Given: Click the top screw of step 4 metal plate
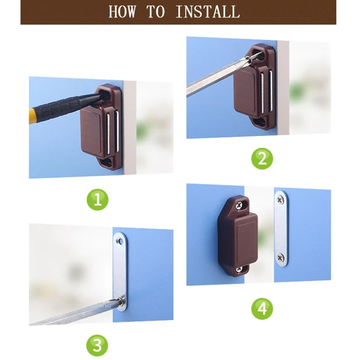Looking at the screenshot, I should pyautogui.click(x=280, y=196).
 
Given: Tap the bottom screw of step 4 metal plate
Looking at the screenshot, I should pyautogui.click(x=280, y=257).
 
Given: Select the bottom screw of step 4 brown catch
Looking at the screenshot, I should pyautogui.click(x=238, y=269).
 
